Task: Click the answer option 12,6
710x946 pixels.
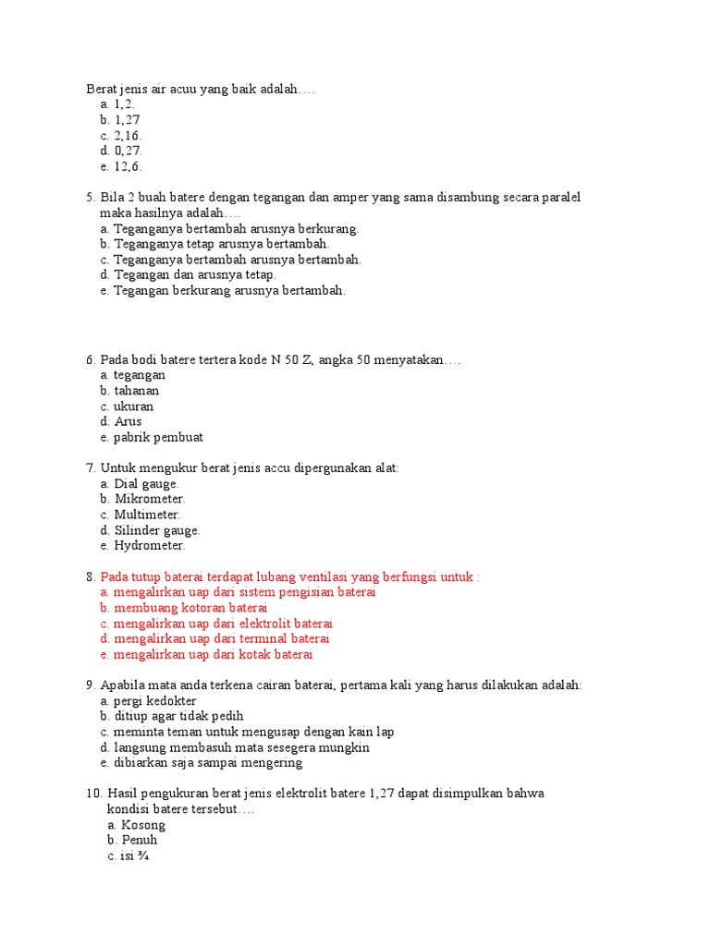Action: click(128, 167)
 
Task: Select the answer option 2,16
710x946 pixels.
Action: click(128, 136)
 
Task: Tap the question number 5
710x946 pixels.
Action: click(91, 198)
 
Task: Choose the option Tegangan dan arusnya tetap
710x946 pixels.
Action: click(195, 274)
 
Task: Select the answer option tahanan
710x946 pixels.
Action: click(137, 391)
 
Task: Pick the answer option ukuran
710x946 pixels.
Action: click(134, 406)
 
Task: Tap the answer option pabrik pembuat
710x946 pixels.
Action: click(158, 438)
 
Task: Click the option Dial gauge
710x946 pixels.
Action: click(146, 484)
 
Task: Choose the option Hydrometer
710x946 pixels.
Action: click(150, 546)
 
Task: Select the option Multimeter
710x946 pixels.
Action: click(147, 515)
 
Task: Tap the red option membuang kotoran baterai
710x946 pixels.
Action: click(190, 609)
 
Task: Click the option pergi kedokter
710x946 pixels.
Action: click(155, 701)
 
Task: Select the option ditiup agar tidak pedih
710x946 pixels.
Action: click(178, 717)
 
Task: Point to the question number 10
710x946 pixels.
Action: click(92, 794)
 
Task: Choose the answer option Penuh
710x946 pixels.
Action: click(139, 841)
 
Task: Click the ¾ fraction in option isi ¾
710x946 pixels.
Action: click(143, 856)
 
